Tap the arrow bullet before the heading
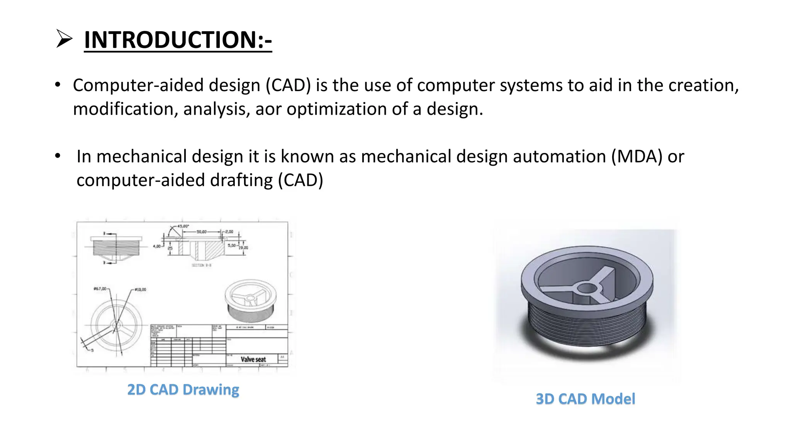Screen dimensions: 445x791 (x=64, y=39)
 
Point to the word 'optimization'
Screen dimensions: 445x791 (x=336, y=109)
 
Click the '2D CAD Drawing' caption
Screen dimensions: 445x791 (x=183, y=389)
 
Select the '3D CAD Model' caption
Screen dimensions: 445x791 (x=585, y=399)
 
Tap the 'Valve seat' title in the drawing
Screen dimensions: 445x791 (x=253, y=359)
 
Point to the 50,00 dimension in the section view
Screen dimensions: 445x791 (x=202, y=232)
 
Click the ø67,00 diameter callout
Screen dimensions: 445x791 (x=100, y=289)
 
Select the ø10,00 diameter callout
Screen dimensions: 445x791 (x=141, y=289)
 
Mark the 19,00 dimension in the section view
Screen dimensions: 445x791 (x=243, y=248)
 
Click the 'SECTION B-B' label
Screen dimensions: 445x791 (x=201, y=265)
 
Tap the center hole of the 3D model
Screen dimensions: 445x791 (x=587, y=288)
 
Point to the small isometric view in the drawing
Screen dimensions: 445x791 (x=251, y=301)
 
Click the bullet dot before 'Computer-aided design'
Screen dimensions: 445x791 (x=58, y=85)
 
